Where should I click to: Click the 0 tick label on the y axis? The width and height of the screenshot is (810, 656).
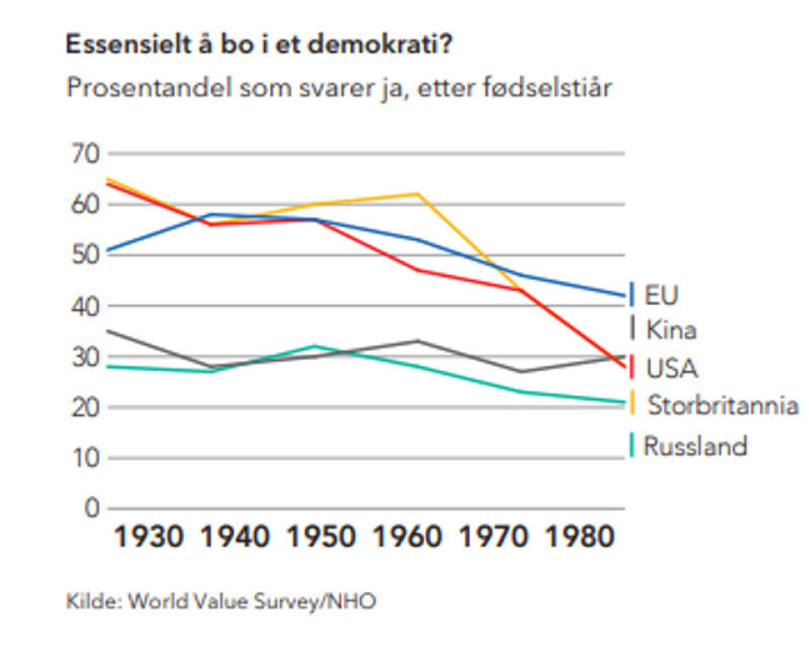coord(90,509)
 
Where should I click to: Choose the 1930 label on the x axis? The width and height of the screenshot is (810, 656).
coord(148,537)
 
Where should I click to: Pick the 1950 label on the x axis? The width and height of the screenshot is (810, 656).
coord(321,537)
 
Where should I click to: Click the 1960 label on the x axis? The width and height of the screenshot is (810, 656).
coord(408,537)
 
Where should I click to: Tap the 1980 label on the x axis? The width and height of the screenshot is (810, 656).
coord(580,537)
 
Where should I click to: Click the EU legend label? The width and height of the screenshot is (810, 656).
coord(661,294)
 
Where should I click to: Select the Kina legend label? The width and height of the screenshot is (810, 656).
coord(671,330)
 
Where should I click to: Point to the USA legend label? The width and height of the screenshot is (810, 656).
coord(672,368)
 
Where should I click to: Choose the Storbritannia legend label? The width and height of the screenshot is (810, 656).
coord(722,406)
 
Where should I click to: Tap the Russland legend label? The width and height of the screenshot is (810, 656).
coord(695,445)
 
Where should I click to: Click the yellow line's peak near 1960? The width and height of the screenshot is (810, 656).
coord(418,194)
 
